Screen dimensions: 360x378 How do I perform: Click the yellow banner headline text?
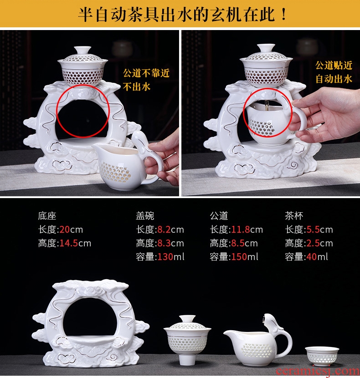click(x=182, y=15)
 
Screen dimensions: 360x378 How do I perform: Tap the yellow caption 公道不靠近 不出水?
click(x=146, y=80)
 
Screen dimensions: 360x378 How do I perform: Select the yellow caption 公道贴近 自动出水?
click(x=334, y=72)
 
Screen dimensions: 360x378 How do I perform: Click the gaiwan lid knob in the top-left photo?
click(x=82, y=50)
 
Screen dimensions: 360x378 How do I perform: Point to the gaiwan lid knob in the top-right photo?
click(x=266, y=48)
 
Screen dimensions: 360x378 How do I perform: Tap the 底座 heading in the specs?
click(x=47, y=216)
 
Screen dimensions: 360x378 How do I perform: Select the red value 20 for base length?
click(x=64, y=230)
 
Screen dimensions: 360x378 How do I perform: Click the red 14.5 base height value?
click(x=68, y=243)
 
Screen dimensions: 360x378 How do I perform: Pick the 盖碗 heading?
click(x=145, y=216)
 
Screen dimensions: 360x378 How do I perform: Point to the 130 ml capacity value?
click(x=165, y=257)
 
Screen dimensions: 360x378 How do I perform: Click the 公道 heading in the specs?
click(x=219, y=216)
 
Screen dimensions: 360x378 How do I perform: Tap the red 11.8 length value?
click(x=241, y=230)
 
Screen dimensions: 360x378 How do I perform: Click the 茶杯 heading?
click(x=294, y=216)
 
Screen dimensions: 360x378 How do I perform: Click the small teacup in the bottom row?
click(x=322, y=357)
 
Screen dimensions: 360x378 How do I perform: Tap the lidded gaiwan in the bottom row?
click(x=187, y=340)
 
